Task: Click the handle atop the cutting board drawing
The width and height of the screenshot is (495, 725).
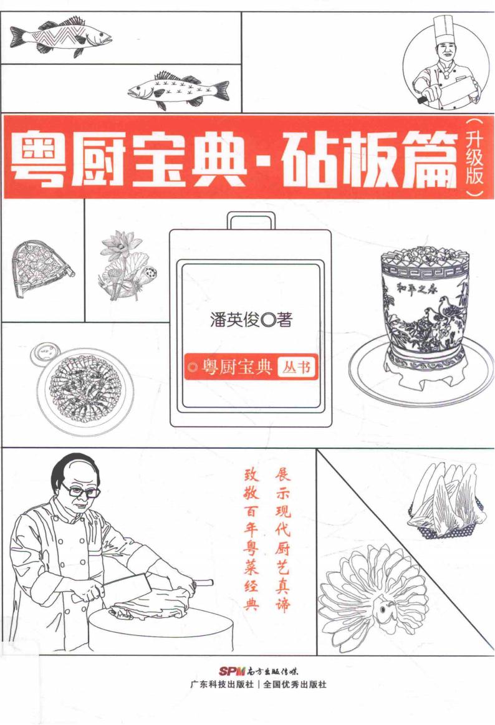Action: point(251,220)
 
